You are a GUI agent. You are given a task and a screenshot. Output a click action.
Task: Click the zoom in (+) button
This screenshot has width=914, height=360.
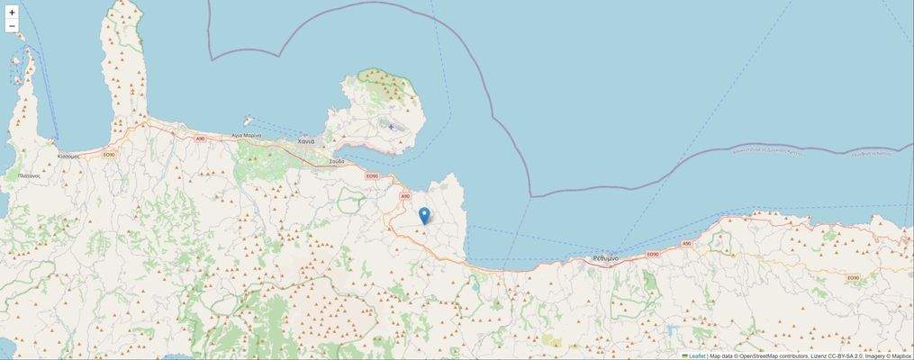pos(12,13)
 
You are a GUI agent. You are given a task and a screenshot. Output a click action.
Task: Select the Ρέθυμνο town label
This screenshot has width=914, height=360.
pos(605,258)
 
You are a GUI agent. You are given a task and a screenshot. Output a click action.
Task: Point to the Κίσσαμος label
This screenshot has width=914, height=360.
pos(69,156)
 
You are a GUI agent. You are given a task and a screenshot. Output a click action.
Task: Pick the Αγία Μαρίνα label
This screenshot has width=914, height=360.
pos(246,135)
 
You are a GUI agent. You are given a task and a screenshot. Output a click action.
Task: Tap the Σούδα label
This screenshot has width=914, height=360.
pos(337,161)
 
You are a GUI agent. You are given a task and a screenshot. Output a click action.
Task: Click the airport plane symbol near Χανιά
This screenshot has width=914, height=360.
pos(391,127)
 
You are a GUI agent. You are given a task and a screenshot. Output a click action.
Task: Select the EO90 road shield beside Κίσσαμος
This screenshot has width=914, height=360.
pos(110,155)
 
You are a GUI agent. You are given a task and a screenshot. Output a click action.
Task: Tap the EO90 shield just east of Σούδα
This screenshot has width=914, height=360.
pos(371,176)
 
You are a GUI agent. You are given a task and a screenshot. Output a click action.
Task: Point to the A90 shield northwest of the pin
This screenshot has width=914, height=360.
pos(405,195)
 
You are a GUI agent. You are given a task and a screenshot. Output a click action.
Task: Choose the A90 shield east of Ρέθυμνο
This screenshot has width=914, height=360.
pos(685,243)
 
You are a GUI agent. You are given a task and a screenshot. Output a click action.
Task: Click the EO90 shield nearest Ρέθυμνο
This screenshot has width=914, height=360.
pos(654,254)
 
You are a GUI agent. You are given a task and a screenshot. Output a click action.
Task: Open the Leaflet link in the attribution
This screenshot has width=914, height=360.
pos(696,355)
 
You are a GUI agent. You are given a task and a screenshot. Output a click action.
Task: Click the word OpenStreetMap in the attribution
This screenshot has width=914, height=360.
pos(765,355)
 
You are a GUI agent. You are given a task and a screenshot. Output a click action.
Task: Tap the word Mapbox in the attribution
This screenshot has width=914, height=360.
pos(900,355)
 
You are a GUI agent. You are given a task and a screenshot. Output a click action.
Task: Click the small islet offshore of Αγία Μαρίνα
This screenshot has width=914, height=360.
pos(249,118)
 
